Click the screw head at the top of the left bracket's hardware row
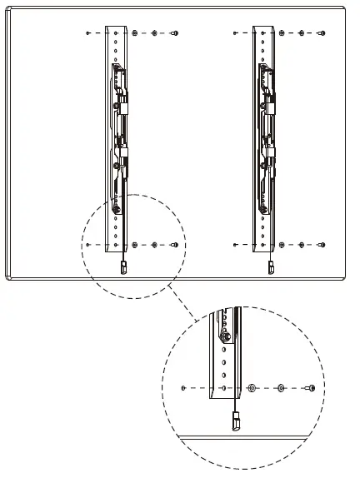tap(174, 34)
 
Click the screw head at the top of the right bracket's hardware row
tap(322, 34)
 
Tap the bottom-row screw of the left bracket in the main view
tap(174, 245)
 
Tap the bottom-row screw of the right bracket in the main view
tap(322, 245)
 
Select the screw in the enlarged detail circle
tap(310, 388)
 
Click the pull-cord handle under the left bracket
tap(123, 267)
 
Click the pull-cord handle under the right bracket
tap(270, 267)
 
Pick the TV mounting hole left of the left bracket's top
tap(87, 34)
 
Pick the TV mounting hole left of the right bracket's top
tap(235, 34)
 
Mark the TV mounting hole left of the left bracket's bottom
tap(87, 245)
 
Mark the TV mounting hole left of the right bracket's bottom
tap(235, 245)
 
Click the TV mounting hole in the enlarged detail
tap(182, 388)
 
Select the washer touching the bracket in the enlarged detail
tap(251, 388)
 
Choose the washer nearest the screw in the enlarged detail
tap(281, 388)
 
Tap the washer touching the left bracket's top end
tap(134, 34)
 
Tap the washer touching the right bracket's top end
tap(282, 34)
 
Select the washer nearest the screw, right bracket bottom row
tap(302, 245)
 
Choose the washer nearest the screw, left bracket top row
tap(155, 34)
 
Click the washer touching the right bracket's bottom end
tap(282, 245)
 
